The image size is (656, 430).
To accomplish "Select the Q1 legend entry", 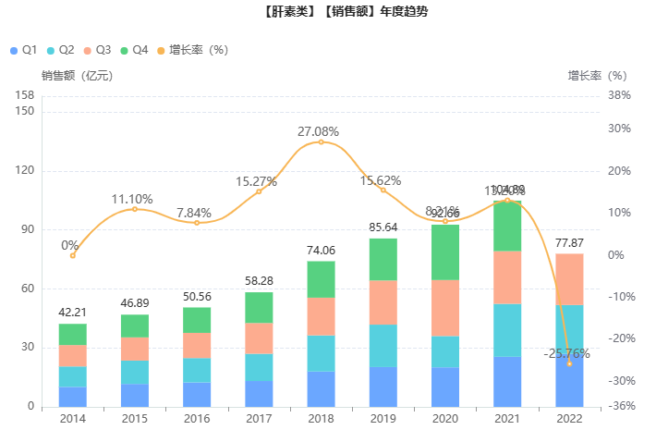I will [x=23, y=49].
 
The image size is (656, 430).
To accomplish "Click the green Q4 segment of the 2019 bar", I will [x=383, y=260].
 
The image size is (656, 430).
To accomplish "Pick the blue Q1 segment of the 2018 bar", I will [x=321, y=388].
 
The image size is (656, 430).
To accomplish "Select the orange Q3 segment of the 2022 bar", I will [x=569, y=279].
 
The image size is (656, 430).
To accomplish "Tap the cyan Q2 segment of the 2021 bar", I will [x=507, y=330].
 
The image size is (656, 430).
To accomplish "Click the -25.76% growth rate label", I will [x=566, y=353].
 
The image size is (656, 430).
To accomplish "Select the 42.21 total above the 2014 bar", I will [x=72, y=313].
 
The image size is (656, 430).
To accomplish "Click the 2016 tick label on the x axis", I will [x=197, y=418].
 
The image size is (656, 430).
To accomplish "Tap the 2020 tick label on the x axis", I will [x=445, y=418].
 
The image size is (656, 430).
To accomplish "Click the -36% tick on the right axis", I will [x=620, y=406].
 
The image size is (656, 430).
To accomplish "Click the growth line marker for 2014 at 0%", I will [x=73, y=255].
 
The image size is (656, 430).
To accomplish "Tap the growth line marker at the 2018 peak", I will [x=321, y=141].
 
